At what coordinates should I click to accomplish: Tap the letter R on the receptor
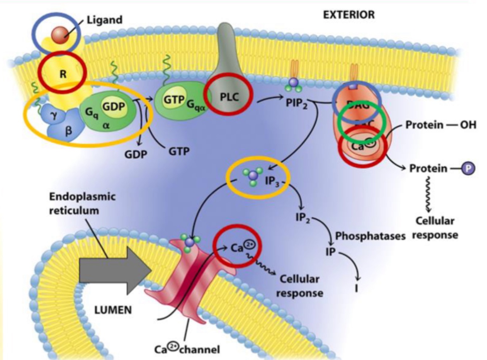[63, 74]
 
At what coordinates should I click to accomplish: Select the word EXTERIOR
[349, 15]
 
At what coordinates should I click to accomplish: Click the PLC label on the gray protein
[229, 97]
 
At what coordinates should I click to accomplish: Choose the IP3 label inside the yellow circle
[272, 180]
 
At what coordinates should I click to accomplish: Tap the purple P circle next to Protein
[468, 169]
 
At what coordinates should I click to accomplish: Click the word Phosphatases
[370, 236]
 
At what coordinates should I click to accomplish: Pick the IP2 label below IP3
[303, 218]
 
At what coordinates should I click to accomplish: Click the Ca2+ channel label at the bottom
[187, 349]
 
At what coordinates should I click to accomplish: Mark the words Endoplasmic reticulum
[82, 203]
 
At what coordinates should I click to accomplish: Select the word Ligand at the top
[104, 20]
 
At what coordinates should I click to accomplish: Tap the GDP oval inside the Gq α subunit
[113, 107]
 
